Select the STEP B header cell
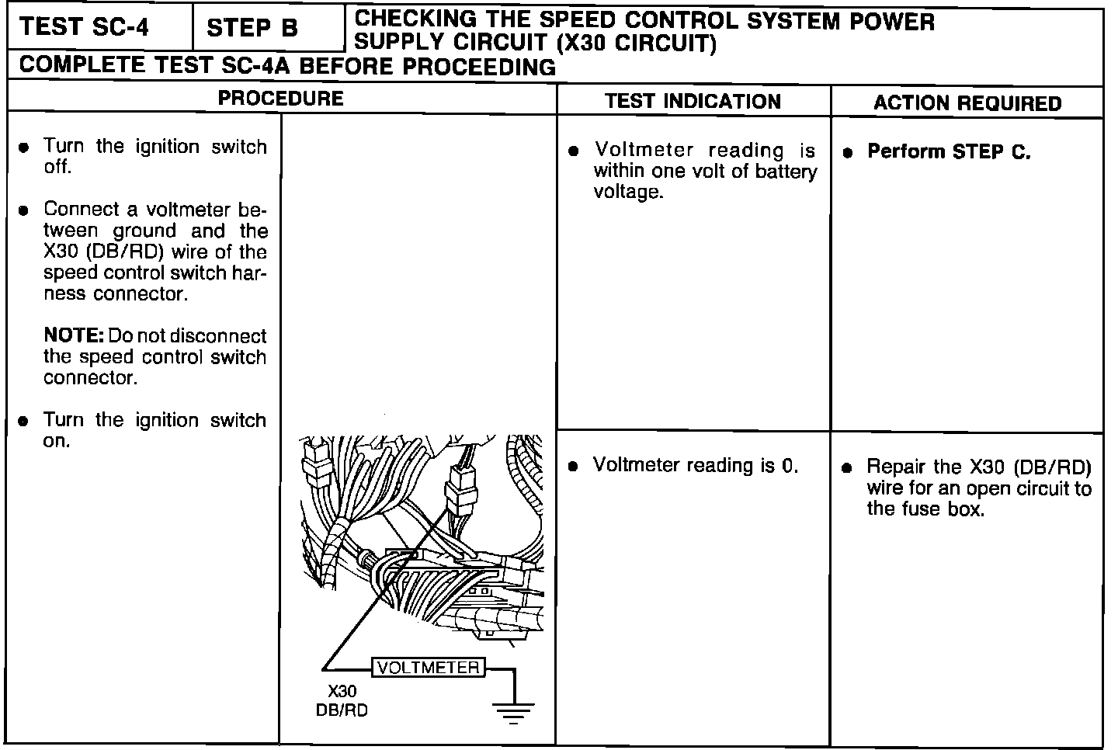click(x=252, y=29)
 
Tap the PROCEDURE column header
click(x=280, y=99)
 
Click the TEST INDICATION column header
click(x=693, y=102)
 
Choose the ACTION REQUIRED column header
click(x=967, y=103)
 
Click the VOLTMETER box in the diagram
click(x=429, y=668)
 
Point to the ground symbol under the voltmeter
click(x=512, y=710)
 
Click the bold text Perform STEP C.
click(x=949, y=152)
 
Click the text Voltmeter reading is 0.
click(x=696, y=465)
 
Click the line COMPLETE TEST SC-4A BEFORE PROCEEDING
click(x=287, y=67)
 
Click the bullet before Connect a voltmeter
click(x=25, y=210)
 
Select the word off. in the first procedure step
click(x=57, y=168)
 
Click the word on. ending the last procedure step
click(x=57, y=441)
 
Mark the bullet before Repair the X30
click(x=848, y=468)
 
